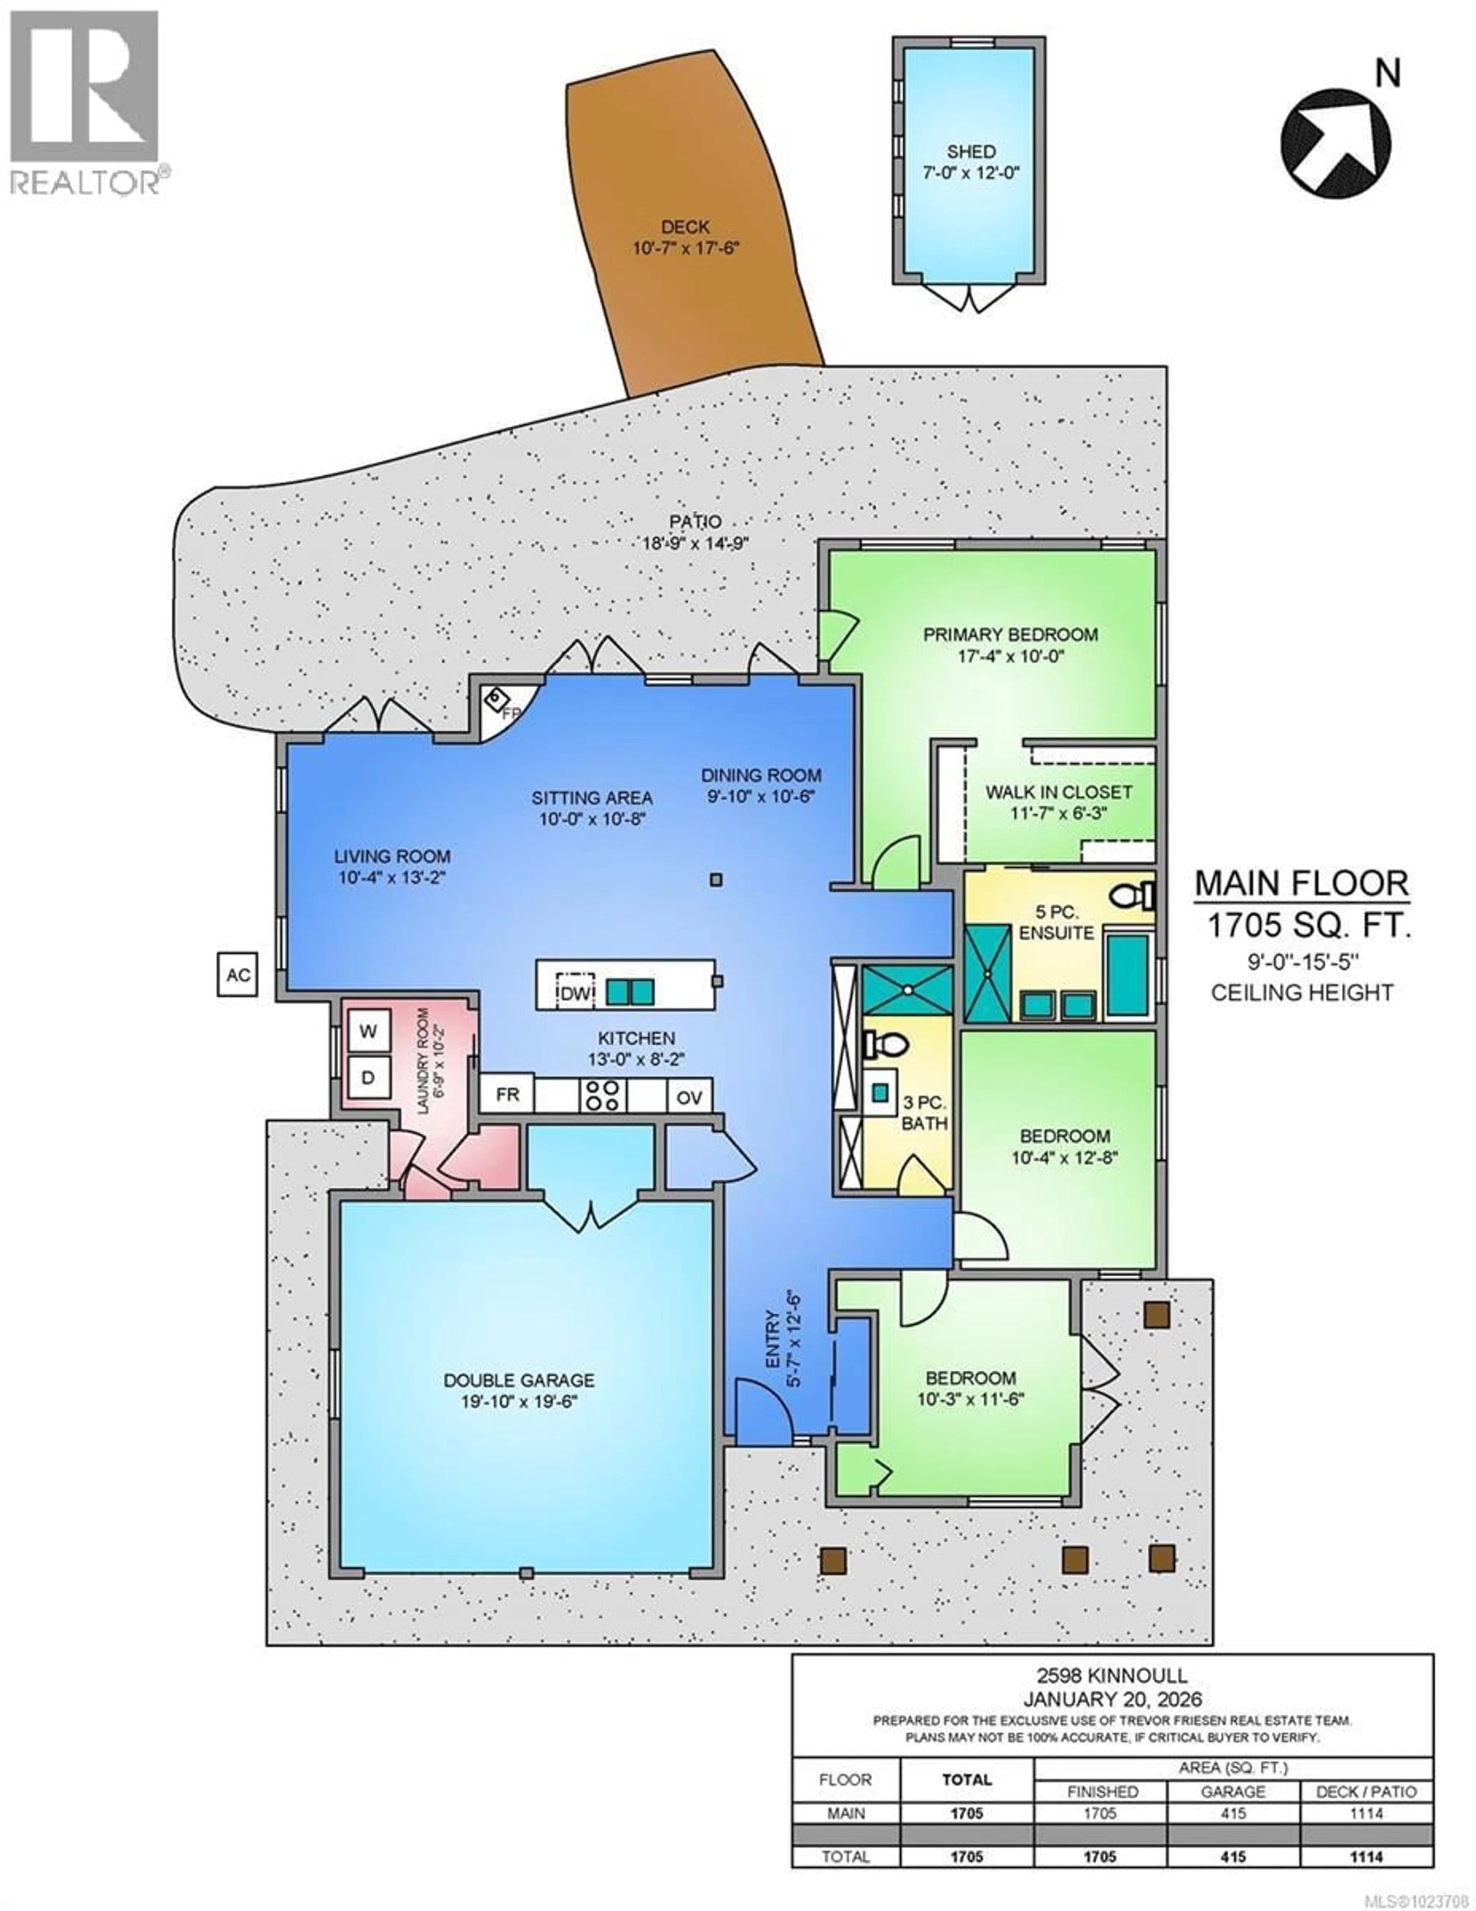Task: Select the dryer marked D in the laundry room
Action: click(368, 1078)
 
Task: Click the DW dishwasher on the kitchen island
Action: click(575, 993)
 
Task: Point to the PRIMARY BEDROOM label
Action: click(1011, 634)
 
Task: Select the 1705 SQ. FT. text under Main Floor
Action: click(1309, 925)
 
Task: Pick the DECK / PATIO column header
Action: click(1366, 1792)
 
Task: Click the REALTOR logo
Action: click(85, 101)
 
